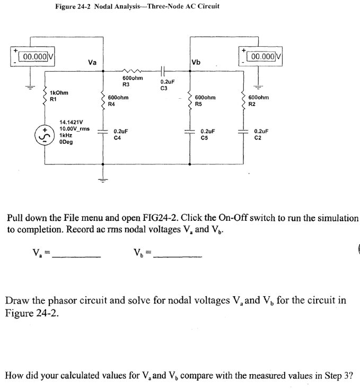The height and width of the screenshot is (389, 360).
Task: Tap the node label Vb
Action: [x=195, y=62]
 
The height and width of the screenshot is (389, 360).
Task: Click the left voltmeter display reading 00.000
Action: [x=36, y=56]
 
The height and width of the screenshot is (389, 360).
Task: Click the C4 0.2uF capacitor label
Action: [x=121, y=133]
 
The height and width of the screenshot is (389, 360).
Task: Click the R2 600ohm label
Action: [x=259, y=101]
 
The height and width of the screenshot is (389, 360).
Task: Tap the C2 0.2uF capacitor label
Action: [x=261, y=133]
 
